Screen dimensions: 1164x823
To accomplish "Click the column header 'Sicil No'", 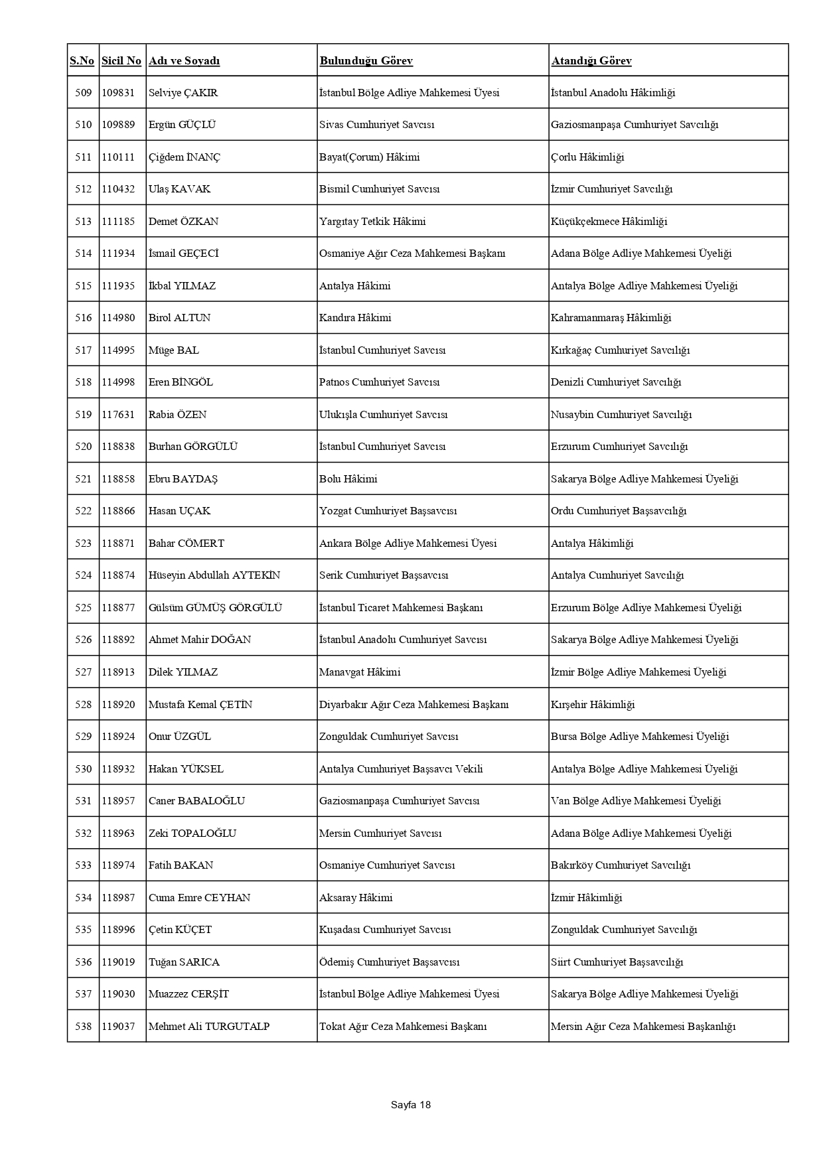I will tap(121, 61).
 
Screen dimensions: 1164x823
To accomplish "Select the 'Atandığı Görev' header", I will tap(591, 61).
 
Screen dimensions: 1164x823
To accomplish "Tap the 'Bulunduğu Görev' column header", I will tap(366, 61).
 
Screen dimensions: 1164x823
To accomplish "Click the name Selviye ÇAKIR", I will tap(183, 93).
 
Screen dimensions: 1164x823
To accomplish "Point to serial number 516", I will tap(84, 318).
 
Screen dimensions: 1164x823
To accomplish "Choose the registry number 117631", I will tap(118, 415).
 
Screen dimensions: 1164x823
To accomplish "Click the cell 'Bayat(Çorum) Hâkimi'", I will tap(369, 157).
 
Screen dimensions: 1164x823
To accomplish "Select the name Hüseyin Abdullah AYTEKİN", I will tap(214, 575).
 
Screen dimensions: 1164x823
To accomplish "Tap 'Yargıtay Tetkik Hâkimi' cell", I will tap(372, 222).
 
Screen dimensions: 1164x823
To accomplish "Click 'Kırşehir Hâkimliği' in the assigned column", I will tap(593, 705).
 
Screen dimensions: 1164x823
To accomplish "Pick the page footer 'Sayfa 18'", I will tap(411, 1105).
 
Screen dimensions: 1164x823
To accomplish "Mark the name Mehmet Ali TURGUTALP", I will tap(209, 1027).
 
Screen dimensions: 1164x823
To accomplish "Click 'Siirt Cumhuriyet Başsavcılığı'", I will tap(617, 962).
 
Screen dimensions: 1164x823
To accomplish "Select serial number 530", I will tap(84, 769).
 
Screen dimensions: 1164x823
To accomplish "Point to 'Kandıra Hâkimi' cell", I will tap(355, 318).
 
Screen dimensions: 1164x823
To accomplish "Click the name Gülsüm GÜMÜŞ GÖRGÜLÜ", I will tap(215, 608).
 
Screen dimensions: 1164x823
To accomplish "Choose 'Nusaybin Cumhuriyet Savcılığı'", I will tap(621, 415).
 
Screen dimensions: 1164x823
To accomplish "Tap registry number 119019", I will tap(118, 962).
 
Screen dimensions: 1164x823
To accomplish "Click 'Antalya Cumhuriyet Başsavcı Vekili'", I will tap(401, 769).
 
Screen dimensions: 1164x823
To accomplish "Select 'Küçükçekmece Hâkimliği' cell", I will tap(609, 222).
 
